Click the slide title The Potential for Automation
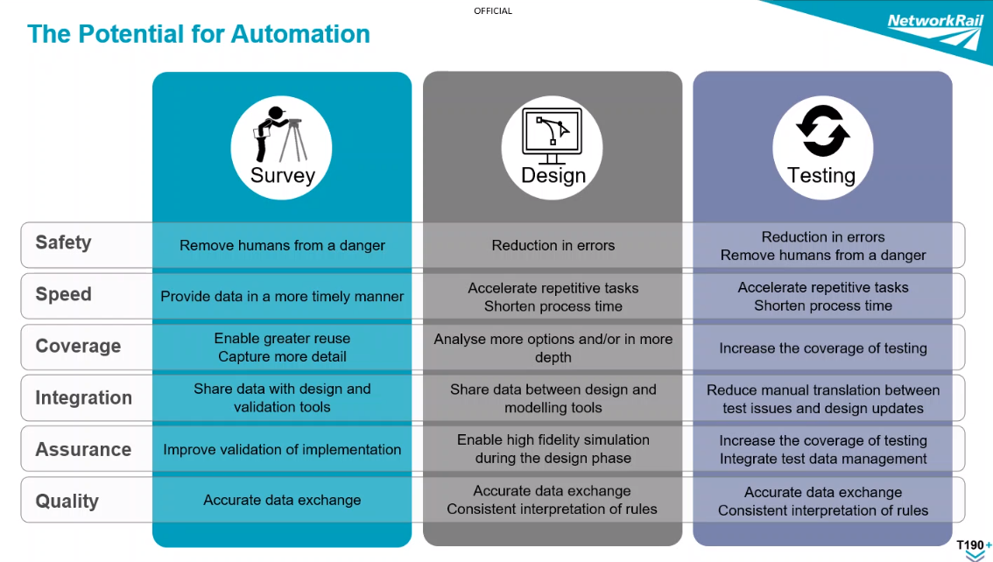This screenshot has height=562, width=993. click(199, 34)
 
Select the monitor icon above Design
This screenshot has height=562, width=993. click(552, 136)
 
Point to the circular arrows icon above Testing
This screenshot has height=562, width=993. click(822, 131)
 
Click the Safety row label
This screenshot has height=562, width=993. click(63, 243)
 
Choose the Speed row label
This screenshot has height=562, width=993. click(63, 295)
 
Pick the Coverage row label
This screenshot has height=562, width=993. click(78, 347)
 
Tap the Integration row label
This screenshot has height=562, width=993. click(83, 398)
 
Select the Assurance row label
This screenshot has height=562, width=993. click(83, 450)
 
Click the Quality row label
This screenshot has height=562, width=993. click(67, 502)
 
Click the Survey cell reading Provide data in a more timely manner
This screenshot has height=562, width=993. click(282, 297)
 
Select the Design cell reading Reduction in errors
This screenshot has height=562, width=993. click(553, 246)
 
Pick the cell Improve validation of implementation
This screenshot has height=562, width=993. click(282, 450)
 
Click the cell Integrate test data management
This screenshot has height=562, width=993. click(823, 460)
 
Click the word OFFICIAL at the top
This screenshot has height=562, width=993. click(493, 11)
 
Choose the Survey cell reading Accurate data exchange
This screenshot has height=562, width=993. click(282, 501)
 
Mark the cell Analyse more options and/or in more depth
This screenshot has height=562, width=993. click(553, 348)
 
